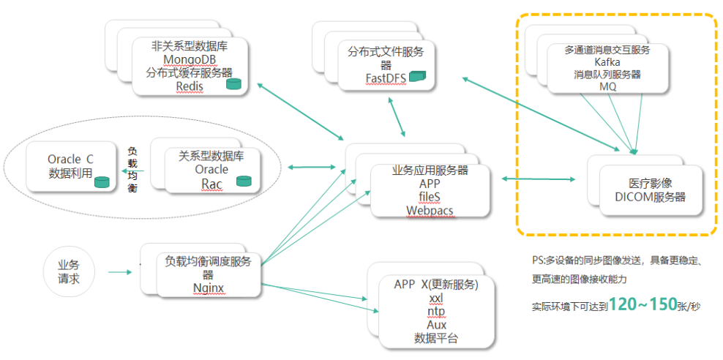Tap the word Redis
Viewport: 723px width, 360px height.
[x=190, y=86]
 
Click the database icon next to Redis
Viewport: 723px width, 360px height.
[x=233, y=84]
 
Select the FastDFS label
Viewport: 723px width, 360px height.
[x=386, y=78]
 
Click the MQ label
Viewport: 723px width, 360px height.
[x=607, y=86]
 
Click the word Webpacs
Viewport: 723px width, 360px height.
[x=430, y=211]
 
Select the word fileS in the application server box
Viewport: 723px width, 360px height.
[x=430, y=198]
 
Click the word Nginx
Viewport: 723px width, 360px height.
[x=208, y=288]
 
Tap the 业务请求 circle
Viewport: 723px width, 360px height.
[x=70, y=272]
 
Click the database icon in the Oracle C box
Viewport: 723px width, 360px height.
[x=102, y=182]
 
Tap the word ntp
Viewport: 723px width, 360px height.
[x=435, y=311]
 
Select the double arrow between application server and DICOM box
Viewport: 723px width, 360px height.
[x=539, y=179]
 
